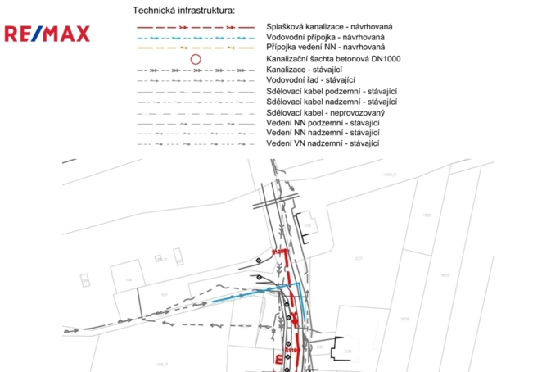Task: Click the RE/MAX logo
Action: click(x=47, y=34)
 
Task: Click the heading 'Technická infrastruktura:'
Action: click(x=183, y=11)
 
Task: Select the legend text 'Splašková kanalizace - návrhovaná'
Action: click(x=329, y=27)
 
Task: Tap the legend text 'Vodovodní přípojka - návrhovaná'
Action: click(x=325, y=38)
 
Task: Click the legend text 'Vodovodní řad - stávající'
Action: click(x=311, y=80)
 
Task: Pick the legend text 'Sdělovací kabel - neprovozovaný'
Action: click(x=325, y=111)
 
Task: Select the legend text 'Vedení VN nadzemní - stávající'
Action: click(x=323, y=143)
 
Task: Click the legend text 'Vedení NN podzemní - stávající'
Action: click(x=323, y=122)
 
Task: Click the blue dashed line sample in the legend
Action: click(x=195, y=38)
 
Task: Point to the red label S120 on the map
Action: click(x=277, y=252)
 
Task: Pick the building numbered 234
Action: click(x=347, y=350)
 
